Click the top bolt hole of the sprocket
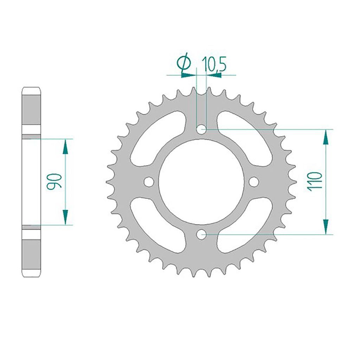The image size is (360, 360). coord(201,129)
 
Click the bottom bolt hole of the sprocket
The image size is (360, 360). coord(201,234)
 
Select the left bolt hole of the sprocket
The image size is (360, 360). coord(149,182)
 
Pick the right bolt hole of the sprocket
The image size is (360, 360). coord(254,182)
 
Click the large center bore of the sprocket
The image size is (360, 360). coord(201,182)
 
